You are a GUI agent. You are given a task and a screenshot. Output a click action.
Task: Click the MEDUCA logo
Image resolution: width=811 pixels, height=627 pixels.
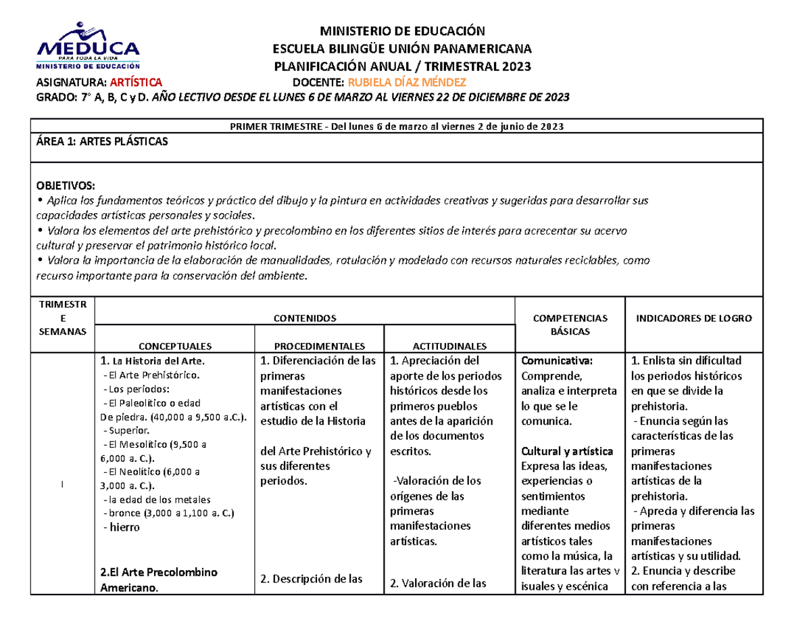[89, 45]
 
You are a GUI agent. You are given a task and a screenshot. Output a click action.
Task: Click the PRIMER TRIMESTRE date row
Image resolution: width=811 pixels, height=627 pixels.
[397, 126]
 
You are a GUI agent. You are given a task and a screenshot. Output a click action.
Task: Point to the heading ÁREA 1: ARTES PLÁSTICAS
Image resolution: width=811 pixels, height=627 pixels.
[101, 141]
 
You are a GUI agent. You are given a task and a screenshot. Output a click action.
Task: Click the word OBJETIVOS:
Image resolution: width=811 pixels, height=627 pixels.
[66, 186]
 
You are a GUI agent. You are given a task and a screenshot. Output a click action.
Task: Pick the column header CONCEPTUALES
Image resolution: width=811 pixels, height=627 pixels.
[175, 345]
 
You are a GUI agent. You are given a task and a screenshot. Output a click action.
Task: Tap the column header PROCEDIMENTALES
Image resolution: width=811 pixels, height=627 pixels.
[320, 345]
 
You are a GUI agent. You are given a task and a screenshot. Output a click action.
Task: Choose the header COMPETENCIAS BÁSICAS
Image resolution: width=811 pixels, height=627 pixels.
[570, 325]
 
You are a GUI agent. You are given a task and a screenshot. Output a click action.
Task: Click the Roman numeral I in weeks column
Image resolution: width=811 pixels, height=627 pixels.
[62, 484]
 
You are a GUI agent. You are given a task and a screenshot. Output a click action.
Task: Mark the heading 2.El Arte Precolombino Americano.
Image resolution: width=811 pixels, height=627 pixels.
[159, 580]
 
